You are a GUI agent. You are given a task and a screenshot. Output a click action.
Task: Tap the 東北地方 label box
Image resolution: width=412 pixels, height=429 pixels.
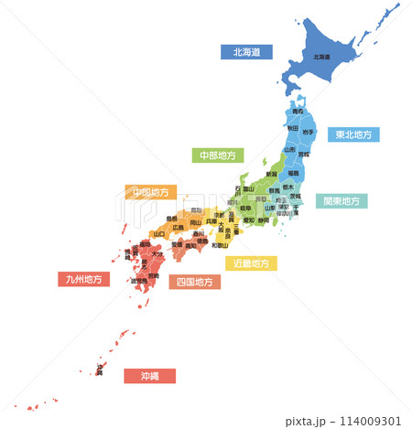[353, 134]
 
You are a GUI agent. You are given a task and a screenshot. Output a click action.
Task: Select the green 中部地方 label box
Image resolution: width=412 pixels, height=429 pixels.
[217, 156]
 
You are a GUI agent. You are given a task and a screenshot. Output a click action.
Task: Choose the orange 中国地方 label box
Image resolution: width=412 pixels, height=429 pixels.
[150, 192]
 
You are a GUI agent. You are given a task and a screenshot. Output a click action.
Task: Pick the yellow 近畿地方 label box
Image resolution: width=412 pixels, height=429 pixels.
[251, 263]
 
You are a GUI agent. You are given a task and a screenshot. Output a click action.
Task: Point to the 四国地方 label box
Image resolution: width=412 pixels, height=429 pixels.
[195, 282]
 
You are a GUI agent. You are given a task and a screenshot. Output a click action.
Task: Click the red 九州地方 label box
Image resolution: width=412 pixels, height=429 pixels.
[83, 279]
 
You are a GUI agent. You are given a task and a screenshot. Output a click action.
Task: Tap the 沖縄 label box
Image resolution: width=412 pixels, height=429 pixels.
[149, 375]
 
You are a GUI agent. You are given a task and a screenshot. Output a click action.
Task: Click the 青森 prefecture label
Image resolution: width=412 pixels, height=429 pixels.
[298, 112]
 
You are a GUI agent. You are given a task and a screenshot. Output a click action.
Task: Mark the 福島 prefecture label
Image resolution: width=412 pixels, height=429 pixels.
[293, 172]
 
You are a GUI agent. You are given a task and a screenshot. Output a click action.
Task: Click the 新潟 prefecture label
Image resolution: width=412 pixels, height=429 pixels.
[271, 174]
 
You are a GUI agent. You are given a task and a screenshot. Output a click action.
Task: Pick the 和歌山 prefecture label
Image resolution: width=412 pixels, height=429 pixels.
[220, 244]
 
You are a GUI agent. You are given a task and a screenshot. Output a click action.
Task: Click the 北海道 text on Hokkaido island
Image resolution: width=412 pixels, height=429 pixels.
[321, 57]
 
